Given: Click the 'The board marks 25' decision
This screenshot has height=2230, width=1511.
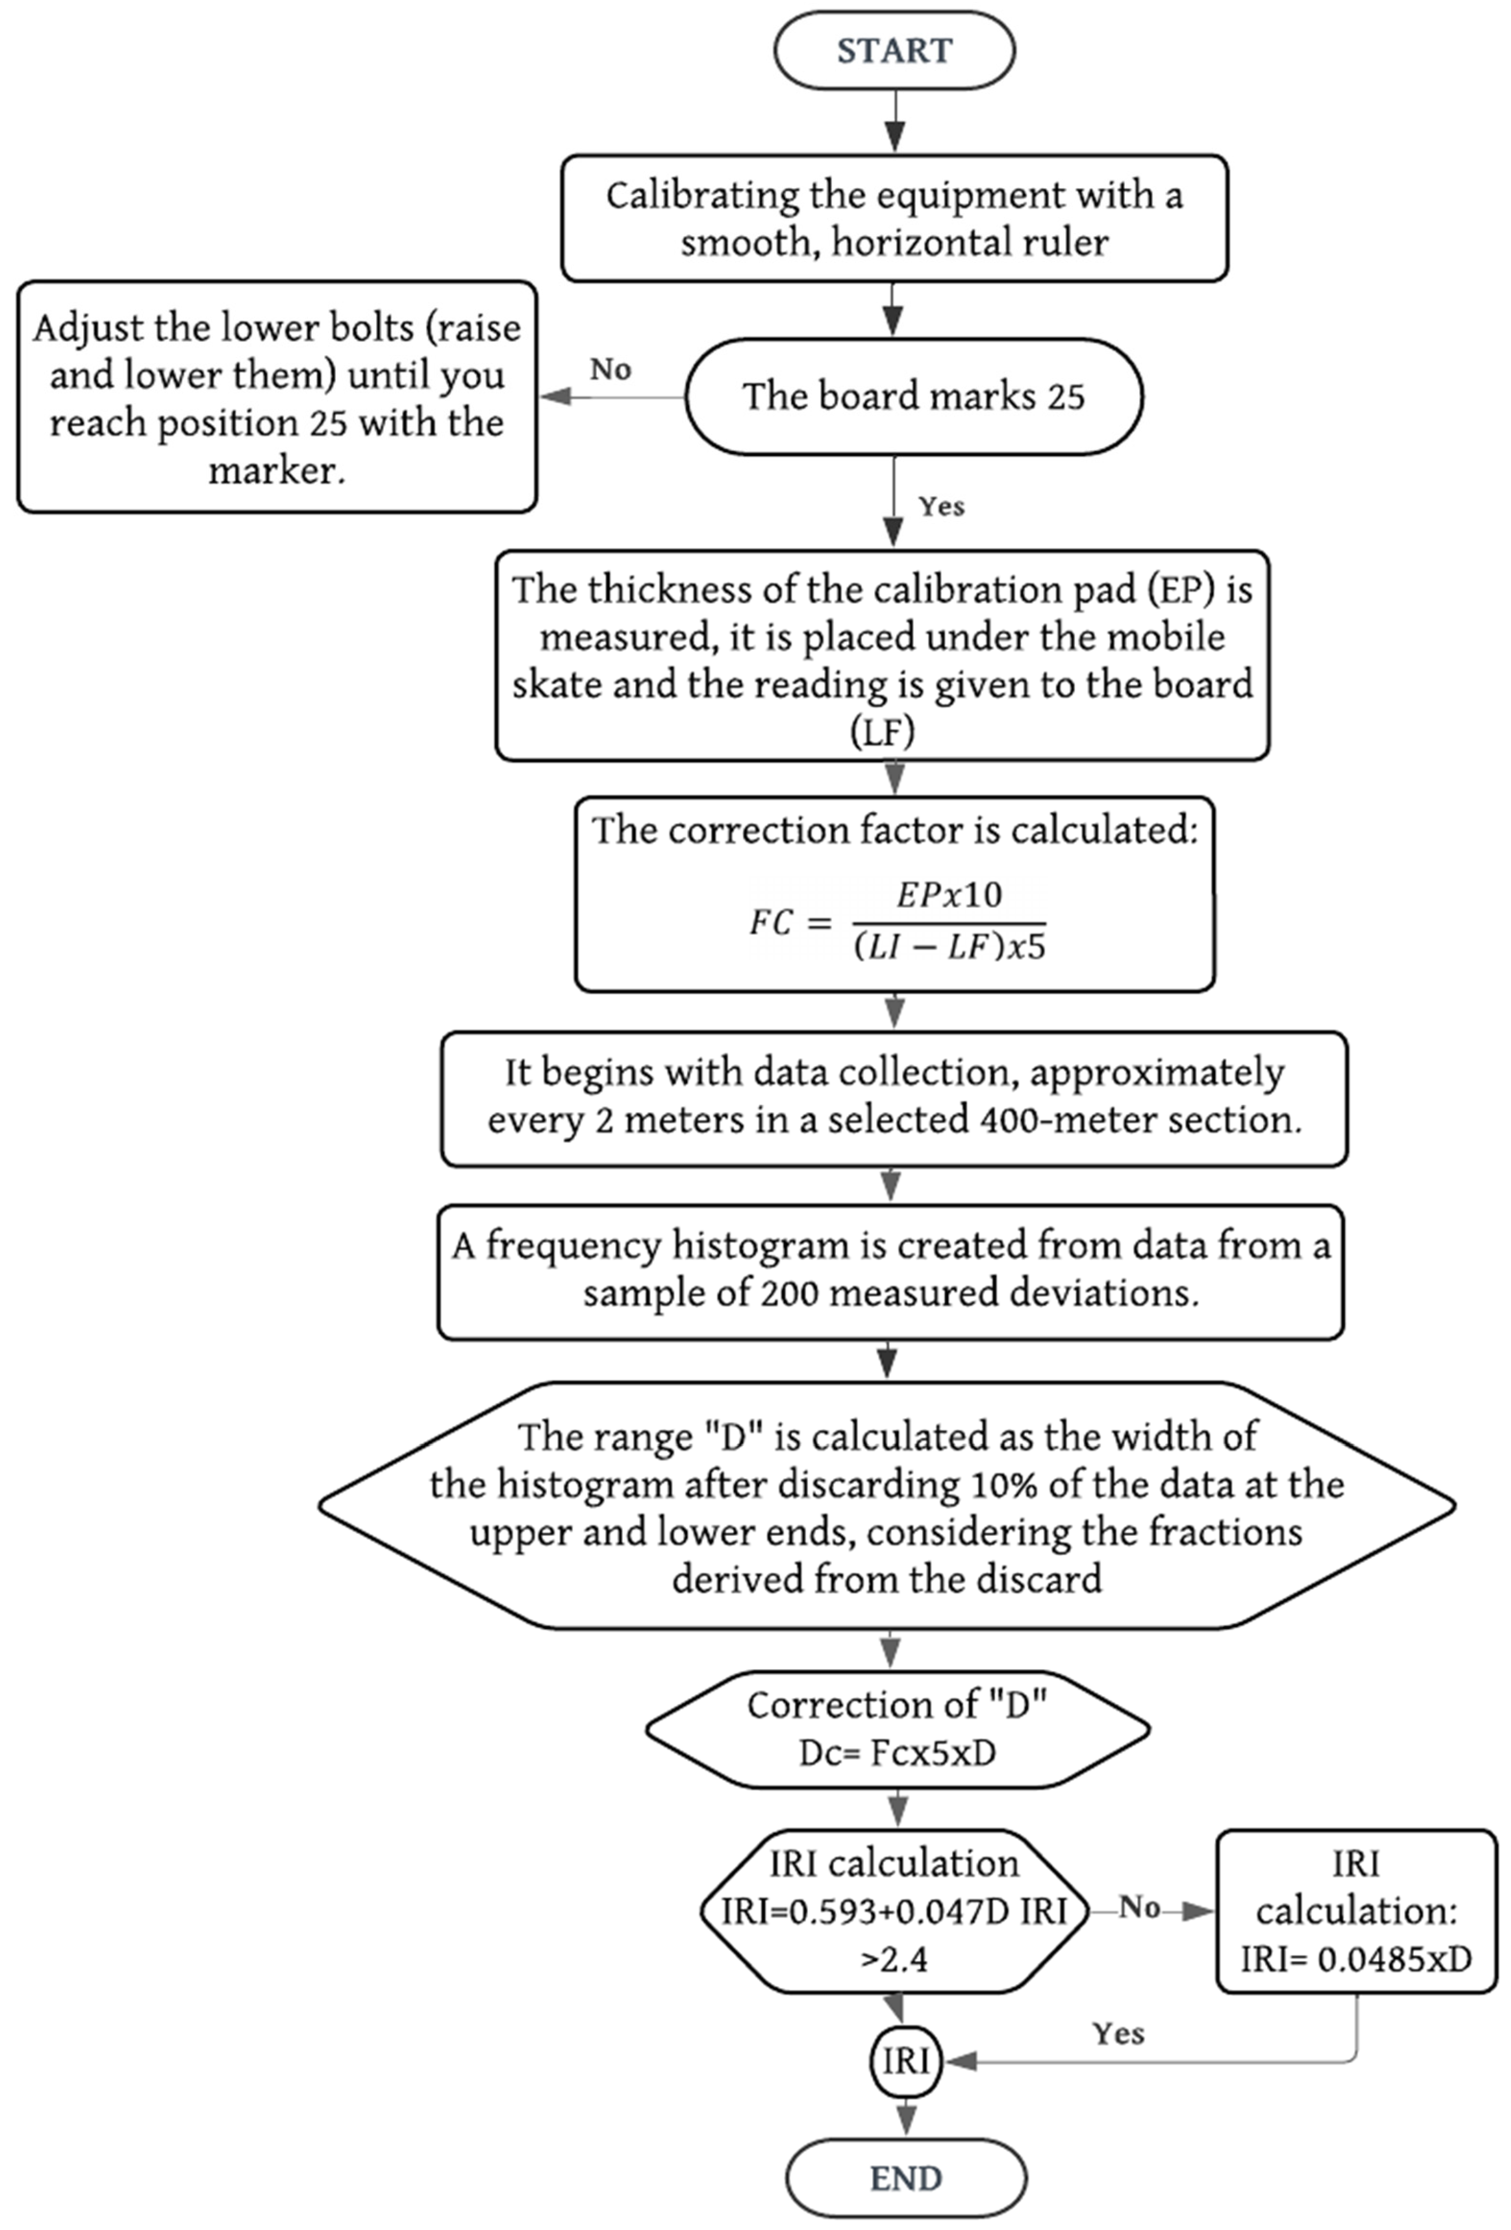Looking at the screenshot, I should pyautogui.click(x=913, y=397).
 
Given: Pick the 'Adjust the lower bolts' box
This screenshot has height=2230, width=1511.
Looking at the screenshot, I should pyautogui.click(x=276, y=397).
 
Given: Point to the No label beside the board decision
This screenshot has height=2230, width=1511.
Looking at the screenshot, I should pyautogui.click(x=610, y=369).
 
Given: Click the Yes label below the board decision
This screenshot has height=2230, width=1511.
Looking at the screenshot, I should pyautogui.click(x=941, y=507).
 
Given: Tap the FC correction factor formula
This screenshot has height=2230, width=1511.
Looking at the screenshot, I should pyautogui.click(x=897, y=921).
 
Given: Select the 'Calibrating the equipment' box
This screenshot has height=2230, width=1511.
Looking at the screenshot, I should pyautogui.click(x=894, y=219).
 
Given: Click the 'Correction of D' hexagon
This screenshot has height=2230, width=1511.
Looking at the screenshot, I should pyautogui.click(x=897, y=1729).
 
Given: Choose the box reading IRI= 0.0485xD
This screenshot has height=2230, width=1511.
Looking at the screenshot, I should pyautogui.click(x=1355, y=1912).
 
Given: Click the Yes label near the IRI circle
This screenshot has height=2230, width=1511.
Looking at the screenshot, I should pyautogui.click(x=1118, y=2034).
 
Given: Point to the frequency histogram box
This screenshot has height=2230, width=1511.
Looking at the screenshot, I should pyautogui.click(x=890, y=1271).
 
